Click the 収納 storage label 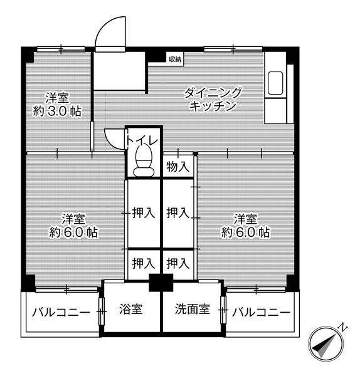tap(174, 60)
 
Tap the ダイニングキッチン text tap(213, 99)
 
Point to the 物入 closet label tap(177, 167)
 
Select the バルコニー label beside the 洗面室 tap(260, 312)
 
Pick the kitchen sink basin tap(275, 83)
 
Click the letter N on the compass tap(343, 327)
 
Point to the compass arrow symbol tap(326, 345)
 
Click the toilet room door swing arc tap(113, 137)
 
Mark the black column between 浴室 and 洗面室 tap(161, 283)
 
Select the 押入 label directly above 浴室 tap(143, 263)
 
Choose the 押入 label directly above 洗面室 tap(177, 263)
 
